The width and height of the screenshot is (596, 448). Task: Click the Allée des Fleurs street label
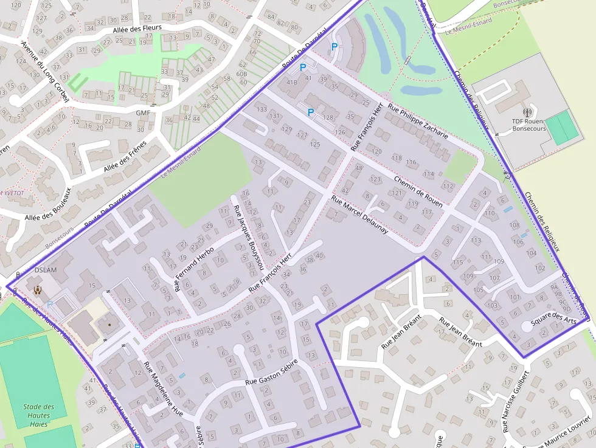tap(137, 30)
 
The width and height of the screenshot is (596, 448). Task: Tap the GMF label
tap(143, 113)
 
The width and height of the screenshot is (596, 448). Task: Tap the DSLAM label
tap(46, 270)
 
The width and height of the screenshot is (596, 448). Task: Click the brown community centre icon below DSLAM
tap(38, 289)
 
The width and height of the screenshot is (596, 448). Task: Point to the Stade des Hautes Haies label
tap(39, 415)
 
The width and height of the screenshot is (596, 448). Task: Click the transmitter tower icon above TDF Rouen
tap(527, 112)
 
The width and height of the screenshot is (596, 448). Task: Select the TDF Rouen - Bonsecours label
tap(527, 125)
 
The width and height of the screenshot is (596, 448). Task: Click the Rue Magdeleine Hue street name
tap(163, 389)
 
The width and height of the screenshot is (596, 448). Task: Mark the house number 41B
tap(292, 82)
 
